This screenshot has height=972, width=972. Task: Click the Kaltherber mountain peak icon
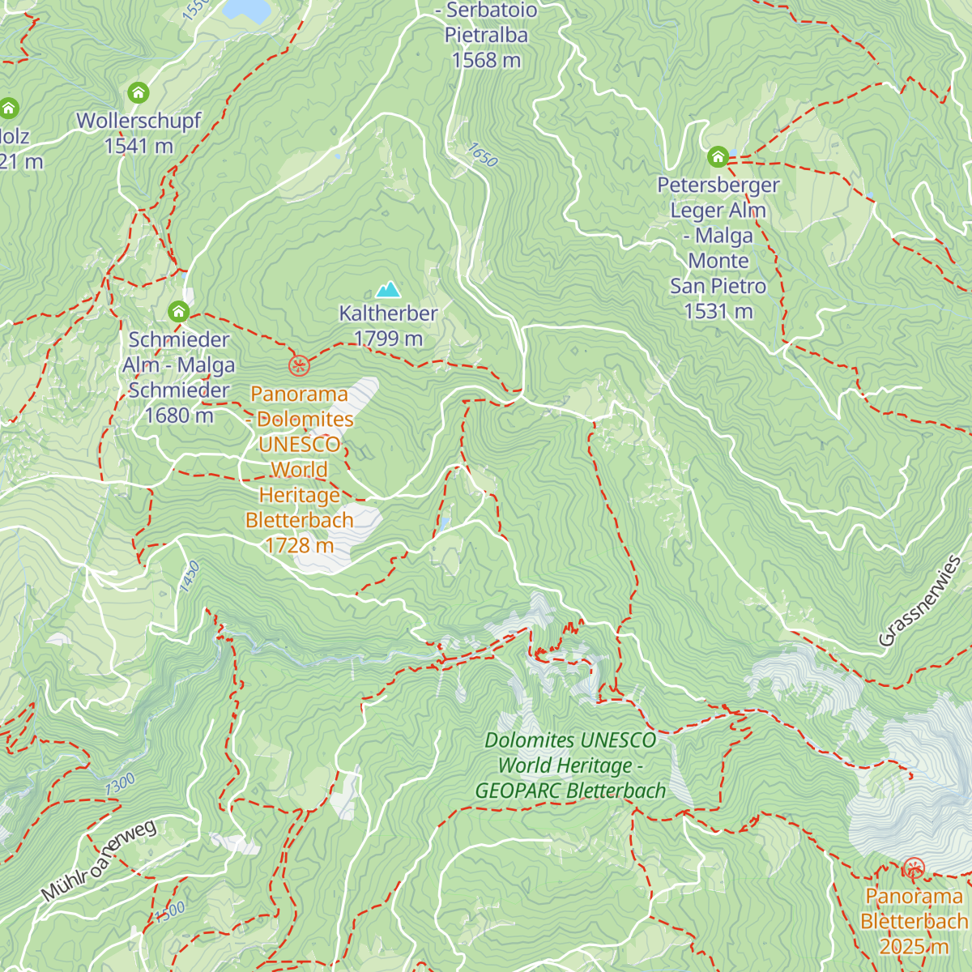[389, 289]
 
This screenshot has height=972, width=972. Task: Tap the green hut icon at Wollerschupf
[139, 92]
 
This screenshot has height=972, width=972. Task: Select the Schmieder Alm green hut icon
[179, 312]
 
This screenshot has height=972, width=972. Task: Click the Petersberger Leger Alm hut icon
[718, 156]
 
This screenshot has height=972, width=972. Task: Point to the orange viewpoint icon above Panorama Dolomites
[299, 366]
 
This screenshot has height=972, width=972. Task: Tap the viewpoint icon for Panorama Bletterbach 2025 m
[914, 870]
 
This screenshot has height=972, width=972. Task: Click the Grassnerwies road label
[920, 601]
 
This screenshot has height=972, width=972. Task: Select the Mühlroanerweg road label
[98, 861]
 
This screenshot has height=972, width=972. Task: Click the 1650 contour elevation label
[483, 155]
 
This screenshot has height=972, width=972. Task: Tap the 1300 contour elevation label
[120, 784]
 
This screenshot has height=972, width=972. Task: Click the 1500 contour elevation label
[170, 911]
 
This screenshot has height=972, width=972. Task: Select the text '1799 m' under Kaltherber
[389, 339]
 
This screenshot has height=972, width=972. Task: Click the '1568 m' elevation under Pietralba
[486, 61]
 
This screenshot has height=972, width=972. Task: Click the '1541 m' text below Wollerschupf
[139, 147]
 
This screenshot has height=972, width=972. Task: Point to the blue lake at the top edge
[246, 8]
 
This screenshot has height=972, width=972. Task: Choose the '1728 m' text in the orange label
[300, 545]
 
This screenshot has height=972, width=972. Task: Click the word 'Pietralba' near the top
[486, 36]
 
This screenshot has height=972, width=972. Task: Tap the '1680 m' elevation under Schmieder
[179, 416]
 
